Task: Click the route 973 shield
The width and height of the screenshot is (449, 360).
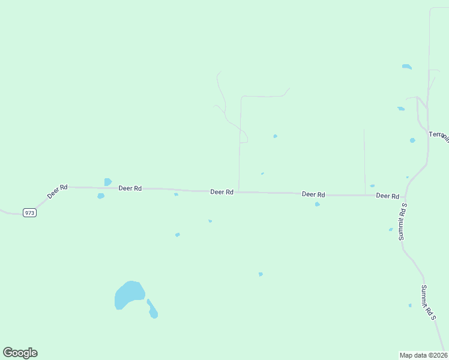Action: click(x=30, y=212)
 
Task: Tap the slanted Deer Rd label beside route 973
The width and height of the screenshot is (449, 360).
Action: click(x=57, y=192)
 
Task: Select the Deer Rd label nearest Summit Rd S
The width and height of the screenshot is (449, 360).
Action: click(x=387, y=196)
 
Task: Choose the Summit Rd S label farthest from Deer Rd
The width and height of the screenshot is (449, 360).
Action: click(x=427, y=302)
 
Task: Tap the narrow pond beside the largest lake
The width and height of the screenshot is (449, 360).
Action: click(x=152, y=309)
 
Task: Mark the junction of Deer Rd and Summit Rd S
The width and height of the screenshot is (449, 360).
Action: click(x=406, y=196)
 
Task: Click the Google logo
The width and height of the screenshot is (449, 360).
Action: click(x=20, y=353)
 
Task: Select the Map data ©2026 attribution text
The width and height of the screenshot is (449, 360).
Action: click(x=423, y=355)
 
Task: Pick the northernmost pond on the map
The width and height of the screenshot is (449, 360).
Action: click(x=407, y=67)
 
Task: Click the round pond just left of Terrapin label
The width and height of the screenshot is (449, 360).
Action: click(x=412, y=140)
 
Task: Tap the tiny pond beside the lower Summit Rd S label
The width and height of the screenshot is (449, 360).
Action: click(x=410, y=305)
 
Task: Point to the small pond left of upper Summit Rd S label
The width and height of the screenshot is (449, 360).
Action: click(x=391, y=229)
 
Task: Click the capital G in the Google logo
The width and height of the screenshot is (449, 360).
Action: click(x=8, y=353)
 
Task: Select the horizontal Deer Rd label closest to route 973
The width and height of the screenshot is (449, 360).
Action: click(x=130, y=188)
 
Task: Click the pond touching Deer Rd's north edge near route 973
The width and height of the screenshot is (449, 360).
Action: click(x=107, y=182)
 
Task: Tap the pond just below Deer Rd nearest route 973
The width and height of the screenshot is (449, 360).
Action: click(x=101, y=196)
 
